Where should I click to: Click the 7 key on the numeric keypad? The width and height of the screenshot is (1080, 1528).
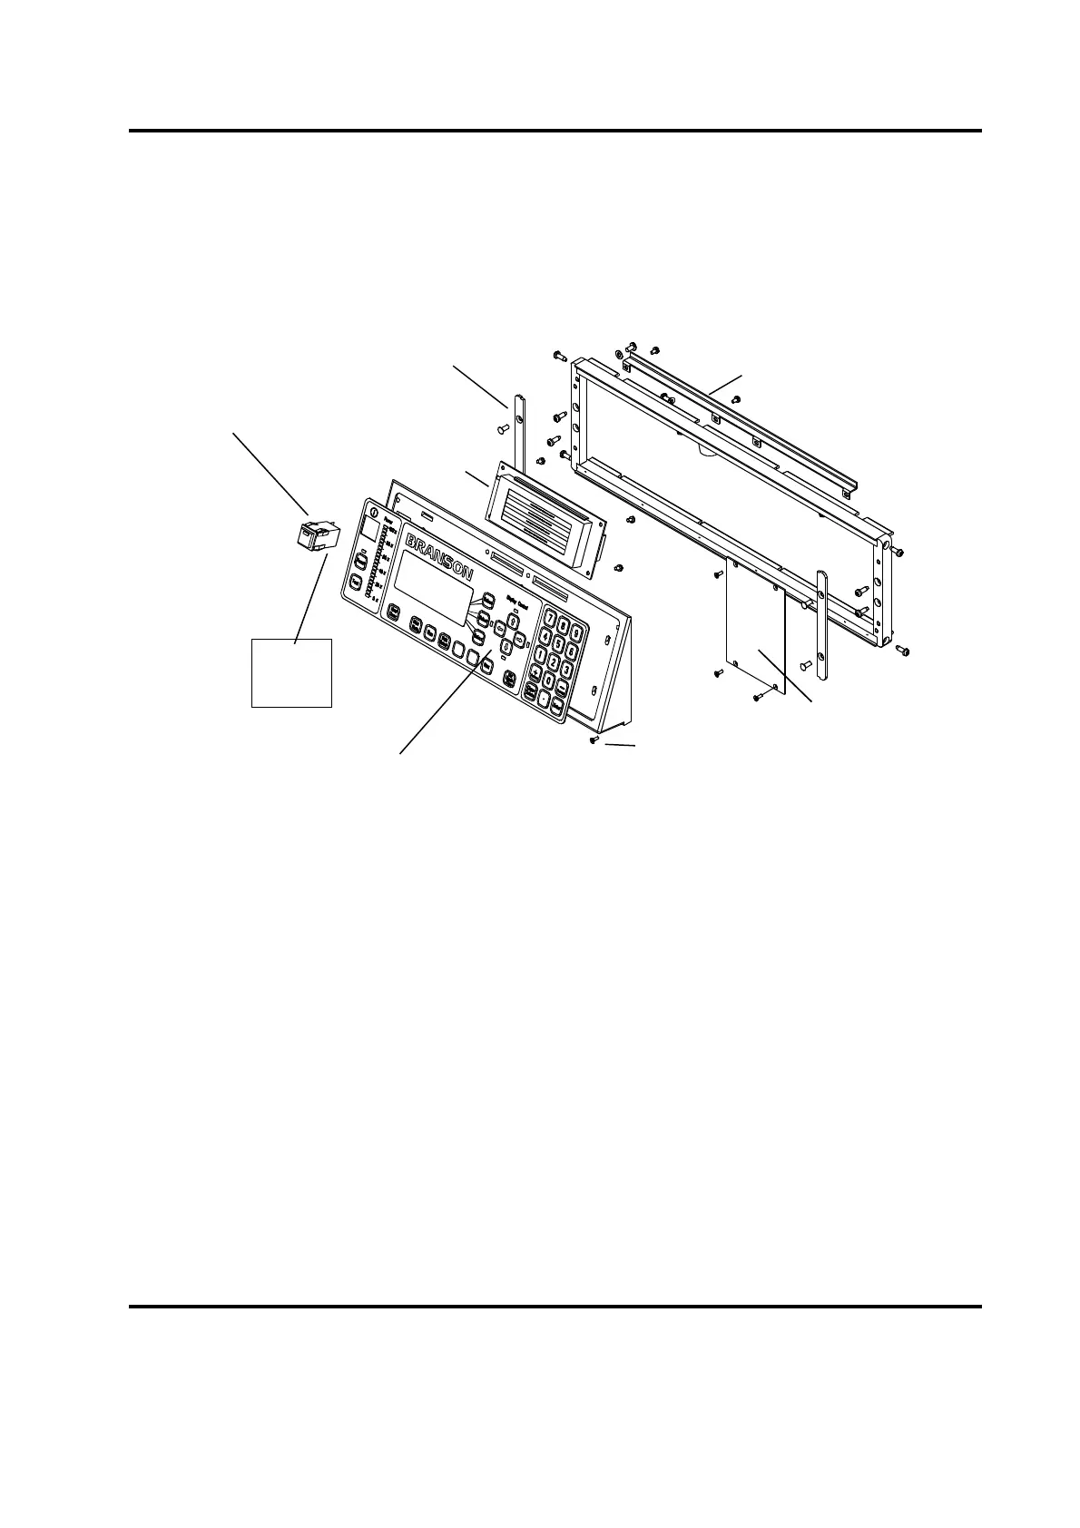point(551,619)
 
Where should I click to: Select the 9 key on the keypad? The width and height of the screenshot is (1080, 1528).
point(577,632)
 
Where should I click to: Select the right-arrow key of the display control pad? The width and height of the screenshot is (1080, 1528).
point(520,641)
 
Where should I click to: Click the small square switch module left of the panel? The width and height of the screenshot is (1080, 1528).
point(315,536)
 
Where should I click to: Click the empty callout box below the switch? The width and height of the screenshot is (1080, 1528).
point(290,672)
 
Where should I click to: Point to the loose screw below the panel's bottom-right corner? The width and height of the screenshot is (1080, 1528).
point(593,741)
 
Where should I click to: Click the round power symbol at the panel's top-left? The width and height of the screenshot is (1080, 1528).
point(375,511)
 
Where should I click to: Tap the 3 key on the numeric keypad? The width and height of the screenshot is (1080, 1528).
point(566,670)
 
